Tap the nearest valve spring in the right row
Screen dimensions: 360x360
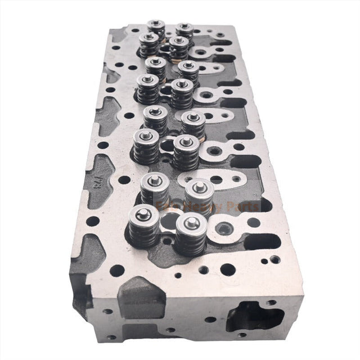point(190,233)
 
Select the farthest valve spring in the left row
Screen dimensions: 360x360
point(155,28)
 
